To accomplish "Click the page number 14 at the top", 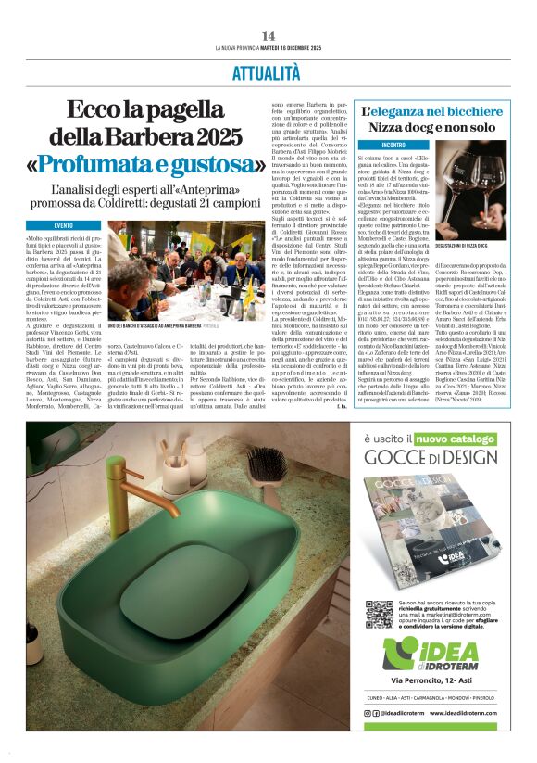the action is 268,35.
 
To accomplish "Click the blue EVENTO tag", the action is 76,224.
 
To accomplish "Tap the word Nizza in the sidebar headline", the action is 388,128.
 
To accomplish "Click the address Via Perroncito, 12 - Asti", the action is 432,681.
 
